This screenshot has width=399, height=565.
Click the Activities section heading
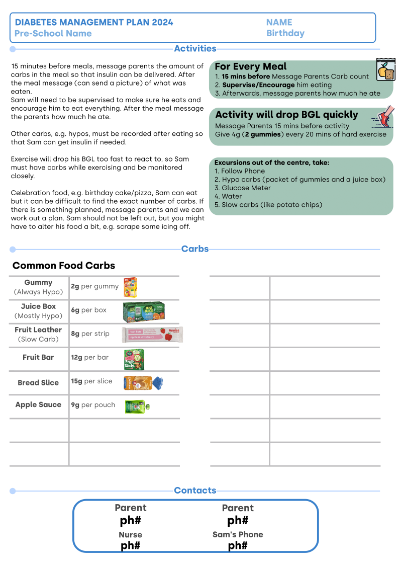(x=195, y=49)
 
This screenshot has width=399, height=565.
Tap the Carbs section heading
(x=194, y=249)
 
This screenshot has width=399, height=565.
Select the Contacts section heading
(x=195, y=491)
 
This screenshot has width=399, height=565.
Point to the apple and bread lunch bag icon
(x=386, y=69)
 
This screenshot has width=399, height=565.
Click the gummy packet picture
(x=130, y=287)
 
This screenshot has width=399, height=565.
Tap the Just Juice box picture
(x=144, y=312)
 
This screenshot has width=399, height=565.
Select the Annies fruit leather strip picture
(x=152, y=335)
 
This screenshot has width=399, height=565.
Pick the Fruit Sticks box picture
(x=134, y=359)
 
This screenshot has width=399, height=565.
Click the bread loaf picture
(x=143, y=383)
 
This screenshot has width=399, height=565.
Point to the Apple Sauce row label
(x=38, y=405)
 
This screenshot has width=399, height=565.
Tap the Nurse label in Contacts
(x=130, y=535)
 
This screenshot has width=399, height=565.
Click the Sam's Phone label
(x=238, y=535)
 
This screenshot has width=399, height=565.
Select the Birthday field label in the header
(x=285, y=34)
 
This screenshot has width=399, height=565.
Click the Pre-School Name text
(x=53, y=34)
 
